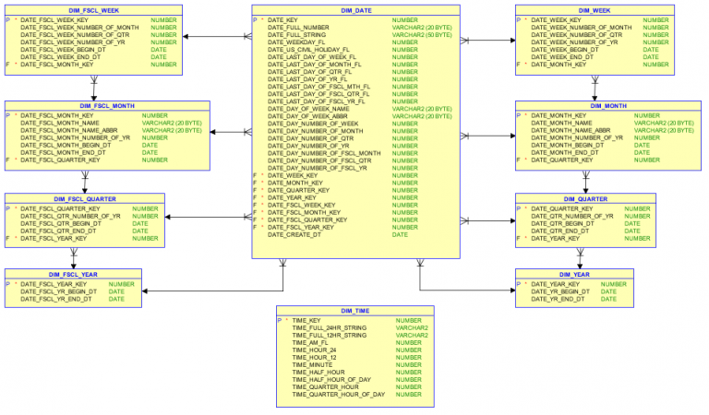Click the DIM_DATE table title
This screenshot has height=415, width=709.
[x=355, y=9]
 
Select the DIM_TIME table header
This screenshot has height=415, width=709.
[x=355, y=311]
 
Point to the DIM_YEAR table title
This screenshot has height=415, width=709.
[x=574, y=273]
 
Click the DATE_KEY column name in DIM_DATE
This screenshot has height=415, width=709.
[x=282, y=19]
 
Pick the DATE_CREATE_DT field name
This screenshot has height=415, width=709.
[x=294, y=235]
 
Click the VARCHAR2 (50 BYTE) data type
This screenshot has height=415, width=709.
[x=422, y=34]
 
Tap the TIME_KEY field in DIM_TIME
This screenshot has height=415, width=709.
[x=306, y=320]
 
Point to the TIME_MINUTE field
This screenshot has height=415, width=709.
[x=313, y=364]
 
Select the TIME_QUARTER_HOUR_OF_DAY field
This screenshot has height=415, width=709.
[x=338, y=394]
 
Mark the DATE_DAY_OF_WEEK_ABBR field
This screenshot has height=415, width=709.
[x=309, y=116]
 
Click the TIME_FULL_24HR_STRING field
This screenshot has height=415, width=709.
[x=329, y=327]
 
